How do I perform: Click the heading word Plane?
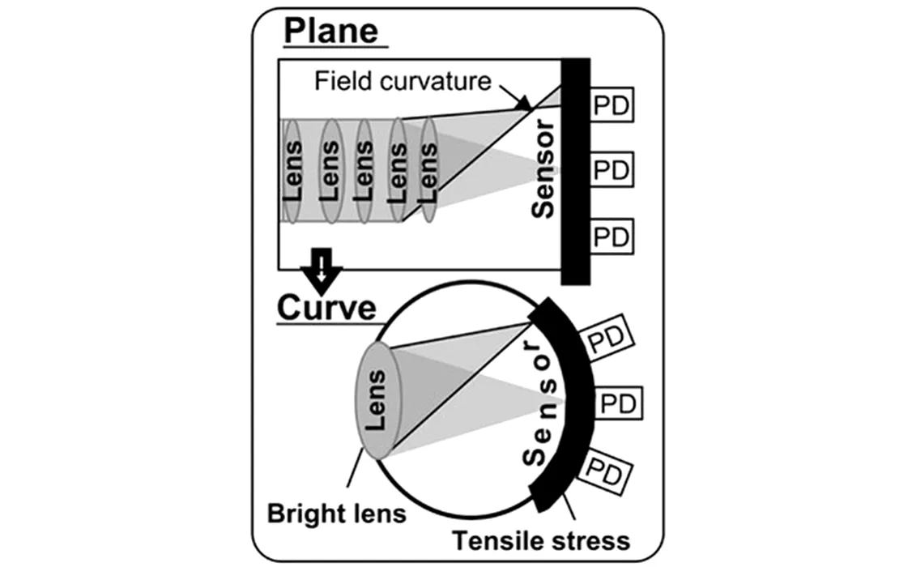[331, 32]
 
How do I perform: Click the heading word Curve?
[326, 308]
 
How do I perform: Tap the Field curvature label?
[403, 81]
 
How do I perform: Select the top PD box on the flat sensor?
[612, 105]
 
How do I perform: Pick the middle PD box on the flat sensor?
[612, 170]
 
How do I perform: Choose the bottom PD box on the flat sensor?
[612, 236]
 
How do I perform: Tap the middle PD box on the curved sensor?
[618, 403]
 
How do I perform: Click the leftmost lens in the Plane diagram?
[292, 171]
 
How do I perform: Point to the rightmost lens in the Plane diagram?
[428, 170]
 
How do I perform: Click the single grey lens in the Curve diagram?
[378, 401]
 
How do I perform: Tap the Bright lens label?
[336, 514]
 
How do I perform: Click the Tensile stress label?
[541, 541]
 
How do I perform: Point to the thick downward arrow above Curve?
[321, 271]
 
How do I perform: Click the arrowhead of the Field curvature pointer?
[525, 104]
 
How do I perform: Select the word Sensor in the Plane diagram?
[543, 168]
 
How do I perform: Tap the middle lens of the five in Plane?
[364, 171]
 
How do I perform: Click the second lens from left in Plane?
[330, 171]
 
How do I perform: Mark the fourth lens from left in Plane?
[397, 170]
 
